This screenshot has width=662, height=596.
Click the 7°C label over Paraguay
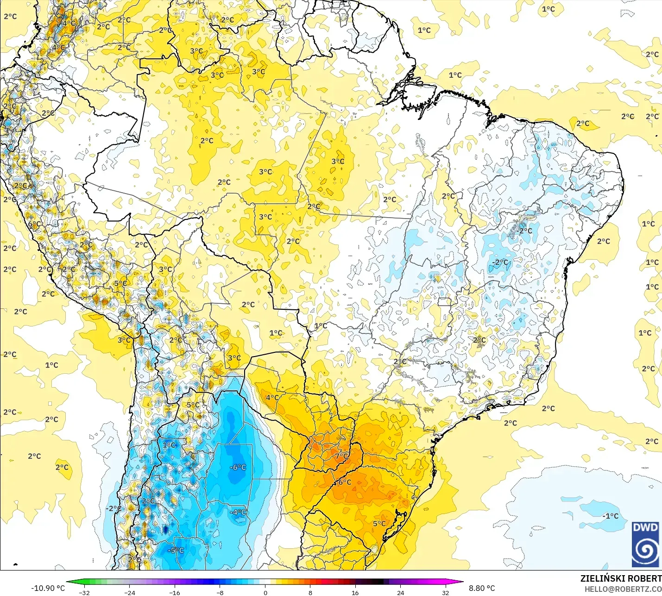coord(342,456)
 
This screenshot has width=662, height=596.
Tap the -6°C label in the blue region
coord(238,468)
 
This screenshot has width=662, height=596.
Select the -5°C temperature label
coord(177,551)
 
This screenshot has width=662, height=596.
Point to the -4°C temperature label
coord(238,512)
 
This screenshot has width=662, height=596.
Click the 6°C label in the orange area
coord(345,482)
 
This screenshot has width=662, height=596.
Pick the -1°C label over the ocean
coord(611,516)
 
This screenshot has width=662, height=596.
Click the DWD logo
coord(645,544)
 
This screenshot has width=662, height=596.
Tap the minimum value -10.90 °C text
coord(48,588)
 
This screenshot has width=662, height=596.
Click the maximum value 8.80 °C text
coord(482,588)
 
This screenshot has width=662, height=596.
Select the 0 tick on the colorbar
coord(265,592)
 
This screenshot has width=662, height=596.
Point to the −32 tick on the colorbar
coord(84,592)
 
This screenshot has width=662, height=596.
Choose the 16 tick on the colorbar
coord(355,592)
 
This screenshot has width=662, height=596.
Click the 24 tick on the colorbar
coord(400,592)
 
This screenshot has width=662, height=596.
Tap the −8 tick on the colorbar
coord(220,592)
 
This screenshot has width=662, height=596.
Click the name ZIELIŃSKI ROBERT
coord(621,578)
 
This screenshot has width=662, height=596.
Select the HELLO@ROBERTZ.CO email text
coord(623,589)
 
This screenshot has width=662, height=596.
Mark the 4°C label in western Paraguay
coord(272,397)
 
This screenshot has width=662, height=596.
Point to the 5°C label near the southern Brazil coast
coord(379,524)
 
